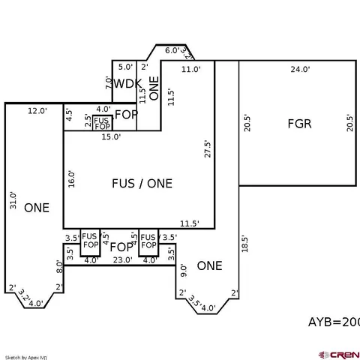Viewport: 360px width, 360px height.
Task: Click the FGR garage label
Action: (299, 124)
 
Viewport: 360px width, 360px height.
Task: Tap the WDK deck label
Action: (127, 83)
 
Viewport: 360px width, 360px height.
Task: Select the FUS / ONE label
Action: (142, 183)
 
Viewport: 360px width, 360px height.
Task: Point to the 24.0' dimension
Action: (300, 69)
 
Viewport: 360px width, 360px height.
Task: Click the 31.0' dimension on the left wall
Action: (13, 199)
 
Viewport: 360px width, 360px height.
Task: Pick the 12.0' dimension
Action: (37, 111)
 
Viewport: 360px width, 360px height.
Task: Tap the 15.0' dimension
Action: (112, 136)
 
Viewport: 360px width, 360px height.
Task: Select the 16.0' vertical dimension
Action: (72, 178)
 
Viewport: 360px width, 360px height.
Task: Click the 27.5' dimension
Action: (207, 148)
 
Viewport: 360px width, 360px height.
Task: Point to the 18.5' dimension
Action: (244, 245)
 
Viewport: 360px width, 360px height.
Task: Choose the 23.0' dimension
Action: (122, 260)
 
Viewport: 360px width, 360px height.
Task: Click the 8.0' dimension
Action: (58, 265)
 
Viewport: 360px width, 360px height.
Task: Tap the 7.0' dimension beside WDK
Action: (108, 82)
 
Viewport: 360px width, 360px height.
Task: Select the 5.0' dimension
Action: (124, 67)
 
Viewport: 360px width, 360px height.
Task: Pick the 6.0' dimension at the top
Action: (172, 51)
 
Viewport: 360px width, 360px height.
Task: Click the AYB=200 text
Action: (334, 322)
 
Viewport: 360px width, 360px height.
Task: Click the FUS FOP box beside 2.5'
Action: (102, 122)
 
